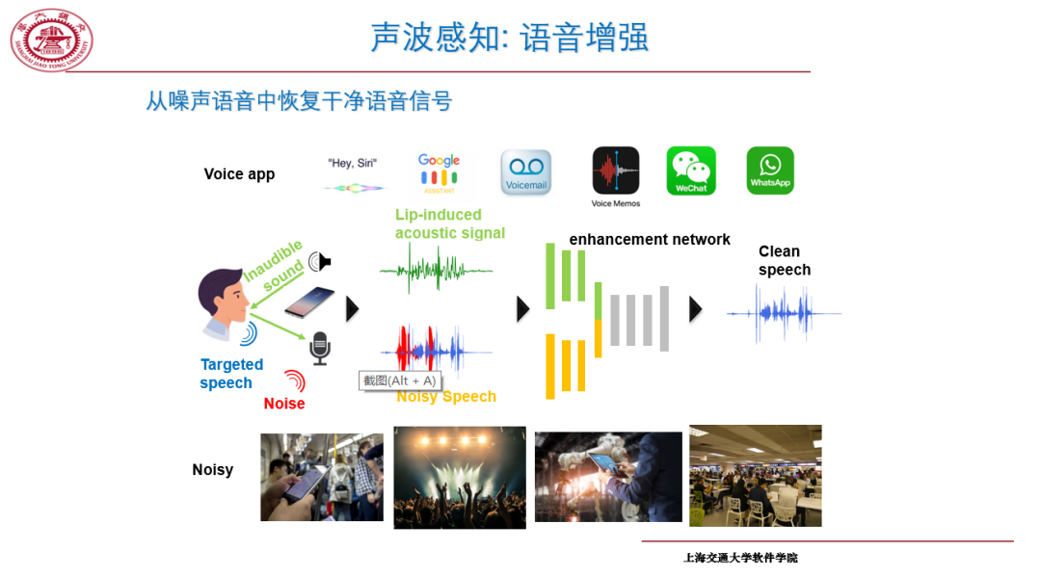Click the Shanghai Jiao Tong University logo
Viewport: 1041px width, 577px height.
click(x=52, y=39)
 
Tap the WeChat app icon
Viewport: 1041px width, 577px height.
click(x=691, y=170)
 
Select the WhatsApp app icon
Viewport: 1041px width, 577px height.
click(x=770, y=170)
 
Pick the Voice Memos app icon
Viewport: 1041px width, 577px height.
click(x=616, y=171)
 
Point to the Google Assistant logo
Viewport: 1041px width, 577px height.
click(x=439, y=170)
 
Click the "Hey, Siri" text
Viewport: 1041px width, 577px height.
click(x=352, y=164)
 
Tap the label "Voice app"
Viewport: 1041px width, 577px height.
click(x=239, y=174)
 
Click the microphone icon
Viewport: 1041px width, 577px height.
click(x=320, y=348)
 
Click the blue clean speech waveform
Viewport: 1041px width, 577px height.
click(x=783, y=314)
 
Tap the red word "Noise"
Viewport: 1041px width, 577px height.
click(x=284, y=404)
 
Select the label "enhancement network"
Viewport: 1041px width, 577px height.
click(x=650, y=239)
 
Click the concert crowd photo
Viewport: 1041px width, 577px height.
click(x=460, y=478)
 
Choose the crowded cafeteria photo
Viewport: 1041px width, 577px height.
click(x=755, y=476)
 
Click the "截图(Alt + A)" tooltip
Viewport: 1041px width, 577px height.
click(x=399, y=380)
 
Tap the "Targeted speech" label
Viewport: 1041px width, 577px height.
click(x=231, y=374)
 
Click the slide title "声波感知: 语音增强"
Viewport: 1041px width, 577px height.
click(x=509, y=38)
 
